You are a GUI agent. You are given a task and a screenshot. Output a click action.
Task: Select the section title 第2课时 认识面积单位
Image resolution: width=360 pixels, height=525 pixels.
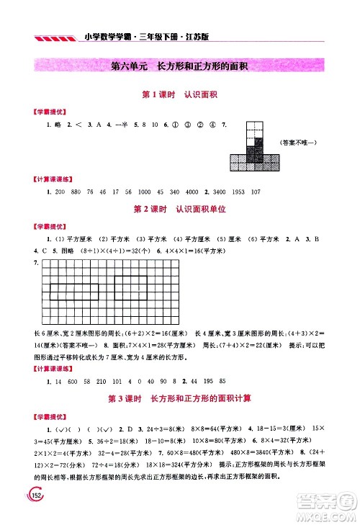tap(180, 209)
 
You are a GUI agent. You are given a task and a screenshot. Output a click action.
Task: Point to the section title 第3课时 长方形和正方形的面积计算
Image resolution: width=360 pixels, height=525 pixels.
tap(180, 398)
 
